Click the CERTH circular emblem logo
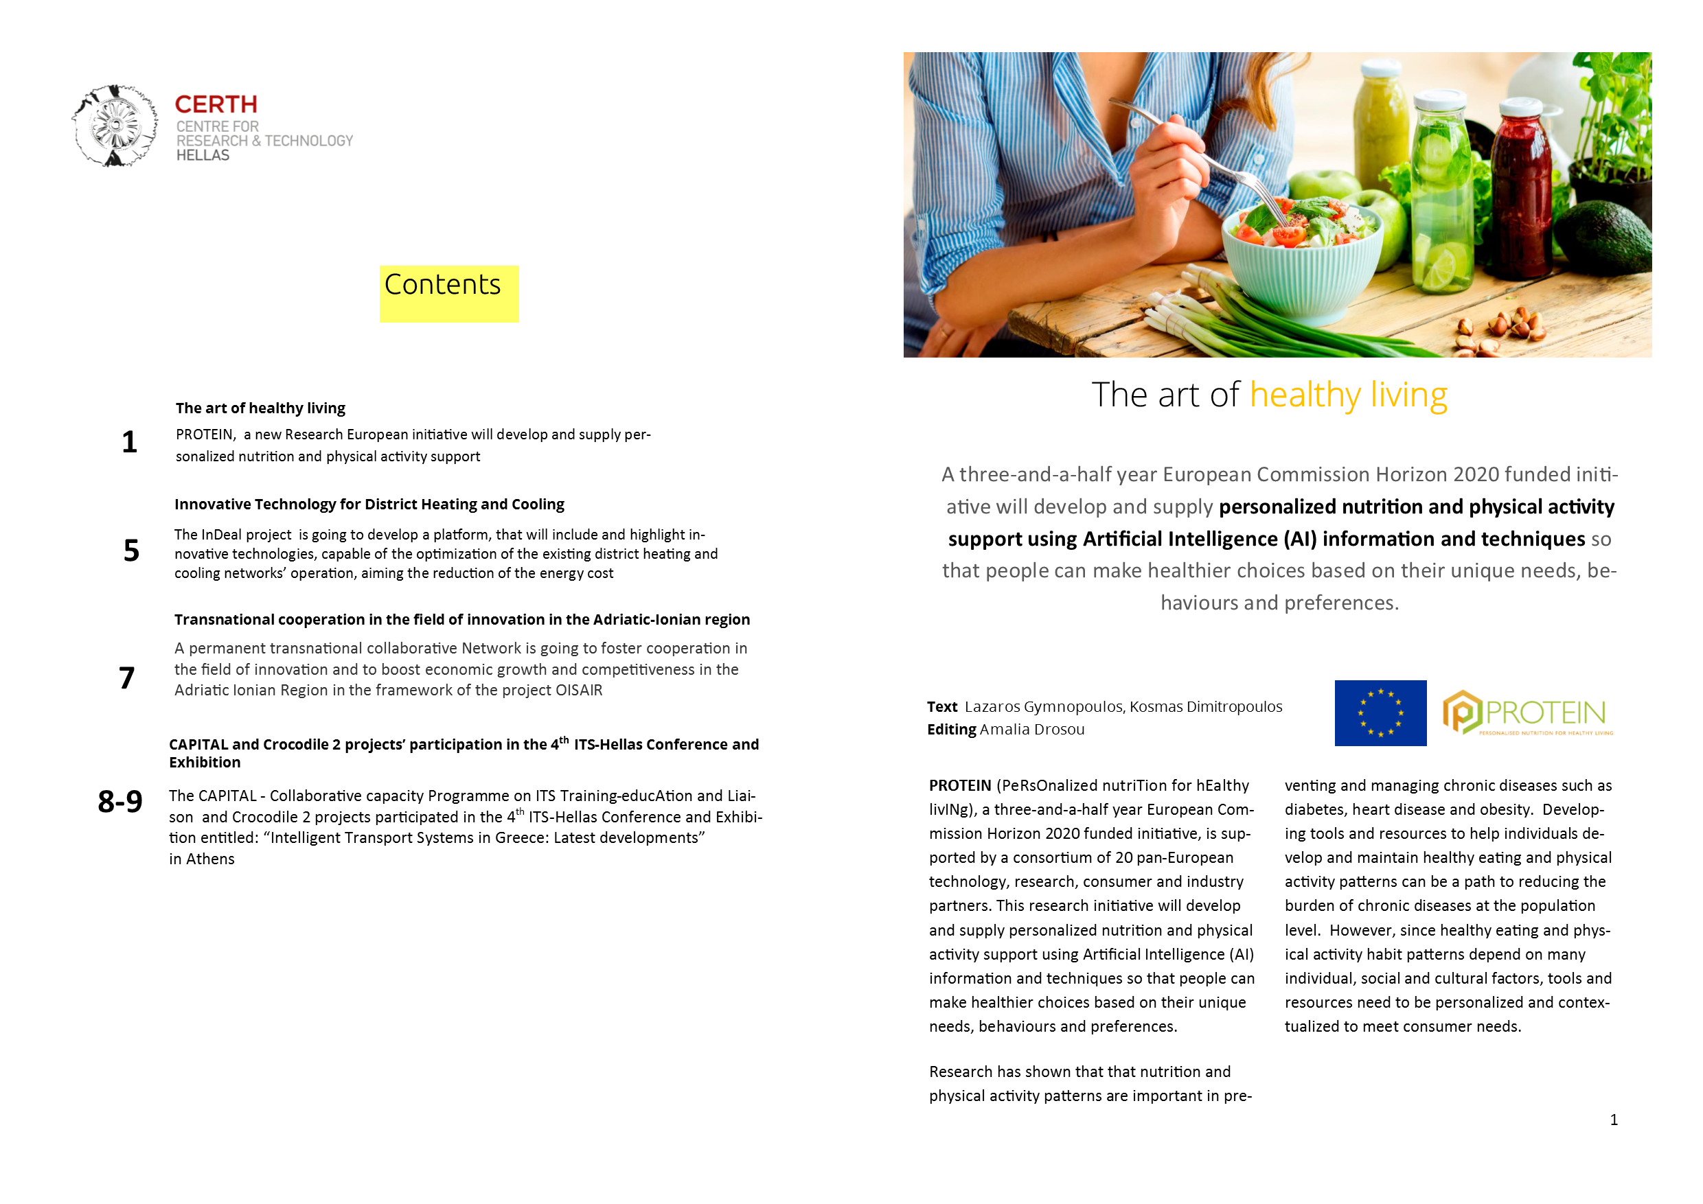point(115,126)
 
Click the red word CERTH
point(216,104)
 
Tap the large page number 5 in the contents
point(131,551)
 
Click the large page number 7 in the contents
point(127,678)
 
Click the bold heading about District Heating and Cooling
point(369,504)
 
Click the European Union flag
point(1380,713)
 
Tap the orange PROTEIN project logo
point(1527,713)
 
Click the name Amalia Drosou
point(1031,730)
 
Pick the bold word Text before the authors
point(942,707)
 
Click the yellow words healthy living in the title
point(1348,395)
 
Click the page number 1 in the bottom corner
point(1613,1120)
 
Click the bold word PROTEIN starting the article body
point(960,786)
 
